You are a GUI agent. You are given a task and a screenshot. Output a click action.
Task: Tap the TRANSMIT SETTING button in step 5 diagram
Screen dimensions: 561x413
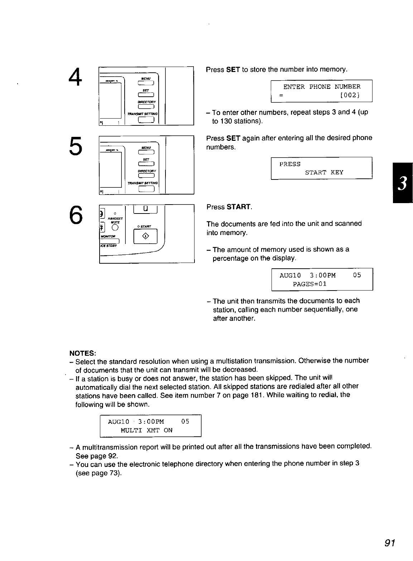click(146, 190)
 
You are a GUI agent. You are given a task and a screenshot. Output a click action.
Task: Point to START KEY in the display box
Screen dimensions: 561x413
click(324, 173)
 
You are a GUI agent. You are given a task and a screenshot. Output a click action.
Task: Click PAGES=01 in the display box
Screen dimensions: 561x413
click(309, 284)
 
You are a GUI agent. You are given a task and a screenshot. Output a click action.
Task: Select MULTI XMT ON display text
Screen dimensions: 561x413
click(147, 430)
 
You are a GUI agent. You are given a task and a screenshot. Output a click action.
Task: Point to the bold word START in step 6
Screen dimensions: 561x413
click(239, 207)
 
